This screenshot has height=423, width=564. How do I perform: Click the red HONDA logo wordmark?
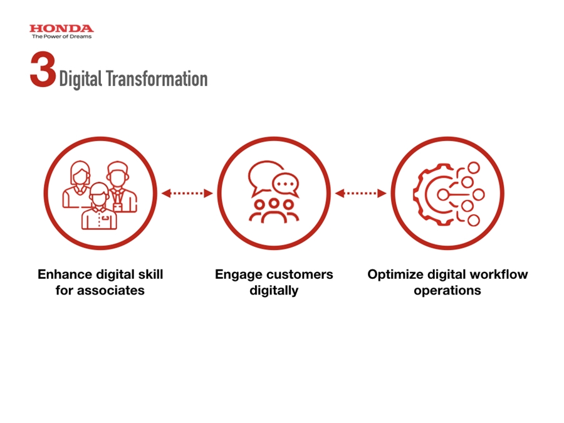coord(61,28)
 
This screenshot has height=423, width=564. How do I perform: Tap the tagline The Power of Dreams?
coord(61,36)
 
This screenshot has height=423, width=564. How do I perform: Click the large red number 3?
coord(43,69)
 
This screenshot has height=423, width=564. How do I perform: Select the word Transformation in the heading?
coord(157,79)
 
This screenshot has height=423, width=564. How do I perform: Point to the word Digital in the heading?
coord(81,80)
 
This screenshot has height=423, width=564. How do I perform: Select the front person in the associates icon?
coord(99,206)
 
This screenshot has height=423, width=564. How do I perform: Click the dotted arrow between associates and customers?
coord(187,194)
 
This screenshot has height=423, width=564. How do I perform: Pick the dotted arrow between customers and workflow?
coord(360,194)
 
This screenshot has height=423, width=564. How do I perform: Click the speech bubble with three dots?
coord(286,184)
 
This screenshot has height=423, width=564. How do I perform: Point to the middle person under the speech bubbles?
coord(274,211)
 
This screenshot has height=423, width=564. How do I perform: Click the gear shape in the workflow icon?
coord(432,194)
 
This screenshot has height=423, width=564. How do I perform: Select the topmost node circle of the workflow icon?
coord(474,168)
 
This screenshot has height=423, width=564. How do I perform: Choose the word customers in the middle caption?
coord(300,274)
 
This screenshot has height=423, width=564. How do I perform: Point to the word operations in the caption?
coord(447,291)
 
